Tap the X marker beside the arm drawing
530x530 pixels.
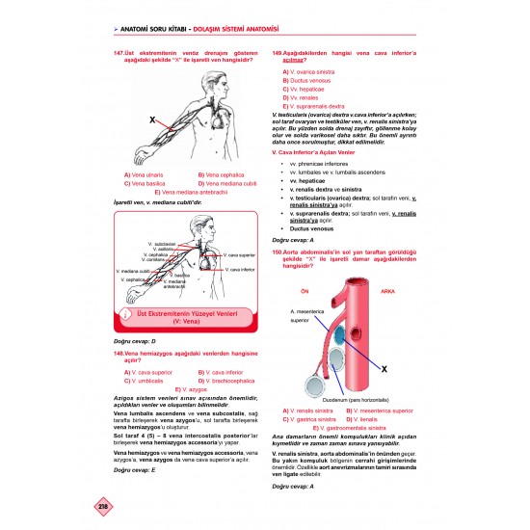152,120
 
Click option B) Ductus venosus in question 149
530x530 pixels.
307,80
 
